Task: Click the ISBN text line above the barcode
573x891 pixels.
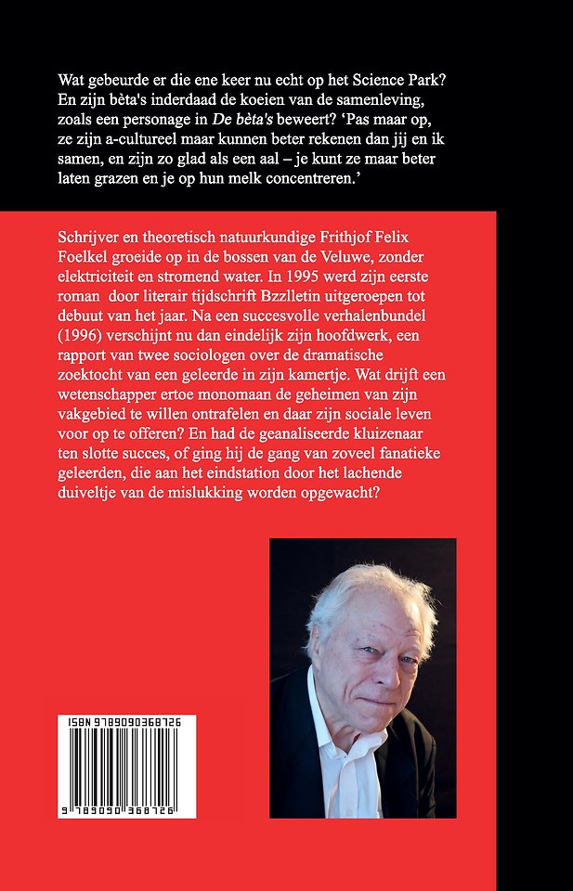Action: (125, 721)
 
